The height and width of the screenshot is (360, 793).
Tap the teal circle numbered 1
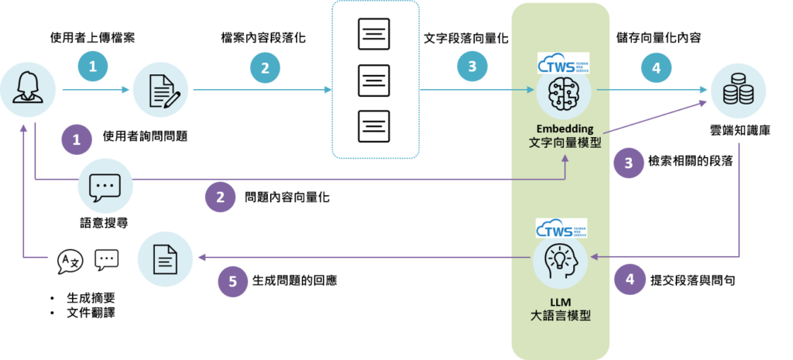pyautogui.click(x=93, y=67)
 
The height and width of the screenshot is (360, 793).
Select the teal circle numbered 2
pyautogui.click(x=265, y=67)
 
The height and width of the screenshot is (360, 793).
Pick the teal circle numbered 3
pyautogui.click(x=472, y=67)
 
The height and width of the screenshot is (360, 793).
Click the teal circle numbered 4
pyautogui.click(x=656, y=67)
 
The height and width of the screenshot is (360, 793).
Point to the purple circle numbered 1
pyautogui.click(x=76, y=140)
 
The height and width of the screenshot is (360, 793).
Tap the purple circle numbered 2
pyautogui.click(x=220, y=197)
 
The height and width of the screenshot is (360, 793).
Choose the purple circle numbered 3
pyautogui.click(x=628, y=163)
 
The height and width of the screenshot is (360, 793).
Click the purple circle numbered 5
pyautogui.click(x=233, y=283)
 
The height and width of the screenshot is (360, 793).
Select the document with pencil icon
pyautogui.click(x=162, y=91)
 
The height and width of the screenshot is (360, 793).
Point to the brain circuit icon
pyautogui.click(x=564, y=92)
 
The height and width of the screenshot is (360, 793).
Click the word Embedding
pyautogui.click(x=562, y=127)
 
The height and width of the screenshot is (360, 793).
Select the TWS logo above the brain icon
pyautogui.click(x=562, y=62)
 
